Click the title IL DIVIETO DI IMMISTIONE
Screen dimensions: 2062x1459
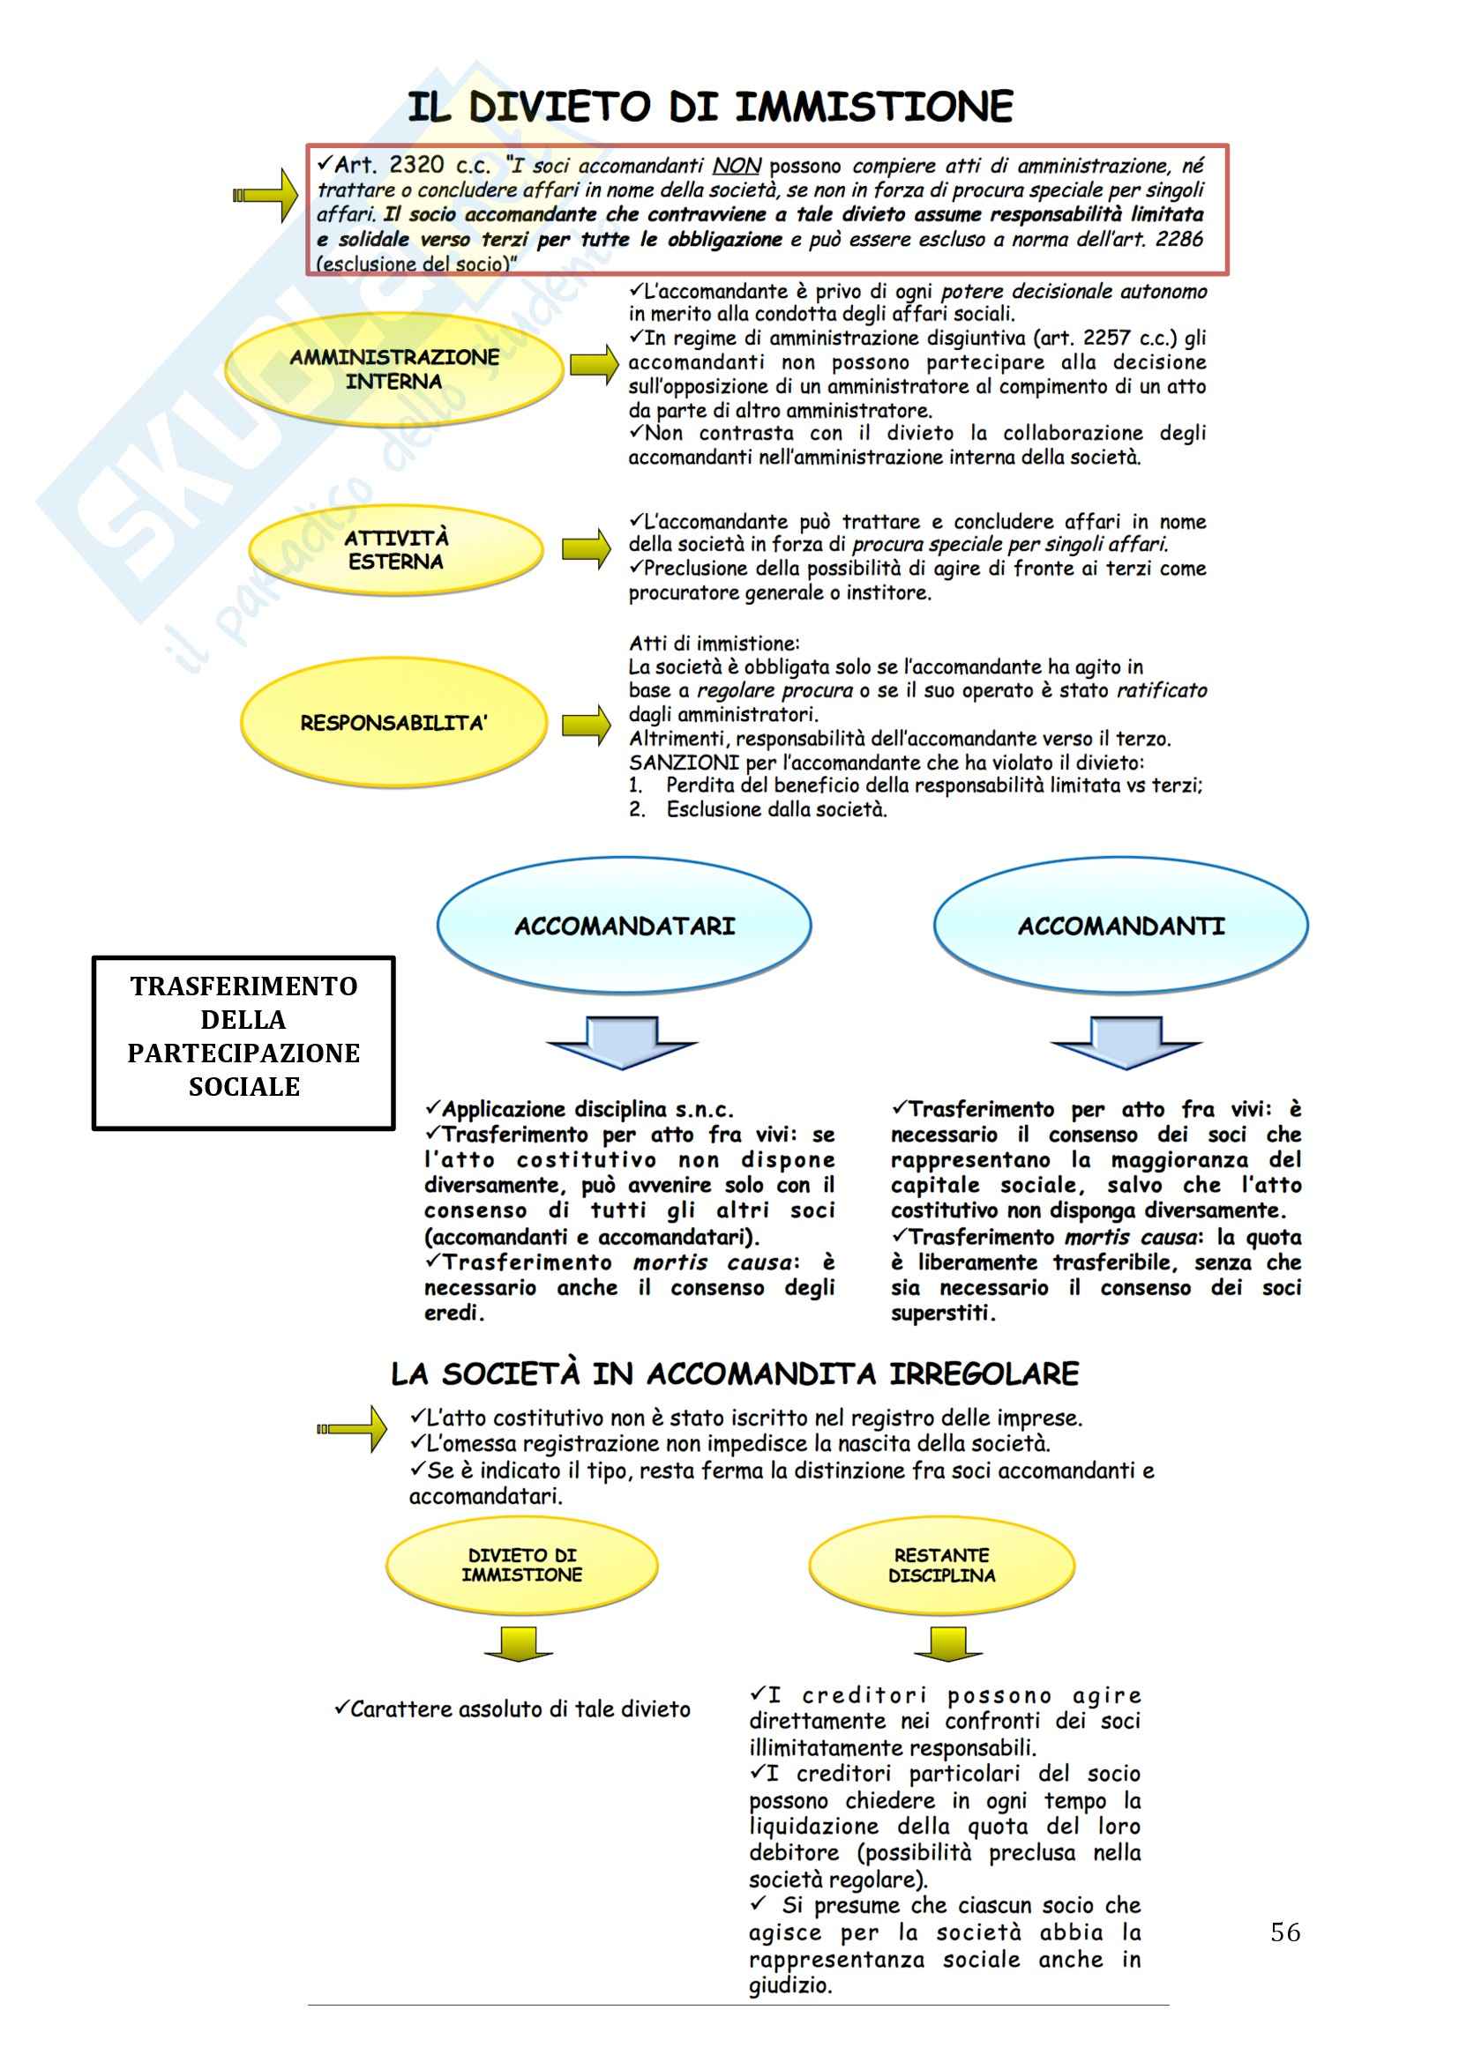710,107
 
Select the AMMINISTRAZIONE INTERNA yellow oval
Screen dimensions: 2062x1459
394,369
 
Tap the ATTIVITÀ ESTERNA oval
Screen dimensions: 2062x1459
396,549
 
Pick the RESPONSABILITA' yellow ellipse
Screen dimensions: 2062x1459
393,723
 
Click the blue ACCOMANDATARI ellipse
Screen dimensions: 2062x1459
625,926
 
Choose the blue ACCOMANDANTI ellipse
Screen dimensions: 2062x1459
1120,926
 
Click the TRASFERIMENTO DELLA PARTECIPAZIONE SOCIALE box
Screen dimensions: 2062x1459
243,1042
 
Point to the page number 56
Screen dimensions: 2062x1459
1284,1932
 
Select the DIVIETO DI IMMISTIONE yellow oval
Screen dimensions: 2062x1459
522,1566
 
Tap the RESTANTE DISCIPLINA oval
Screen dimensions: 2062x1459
941,1566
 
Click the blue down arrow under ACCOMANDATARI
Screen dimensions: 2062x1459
623,1043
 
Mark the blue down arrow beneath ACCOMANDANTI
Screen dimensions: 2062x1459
1126,1043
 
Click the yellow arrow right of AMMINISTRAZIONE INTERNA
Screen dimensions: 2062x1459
595,364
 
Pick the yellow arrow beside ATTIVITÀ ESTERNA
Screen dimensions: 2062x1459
587,547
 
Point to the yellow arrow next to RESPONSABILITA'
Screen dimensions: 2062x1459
587,725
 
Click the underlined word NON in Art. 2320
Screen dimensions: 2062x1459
737,166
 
